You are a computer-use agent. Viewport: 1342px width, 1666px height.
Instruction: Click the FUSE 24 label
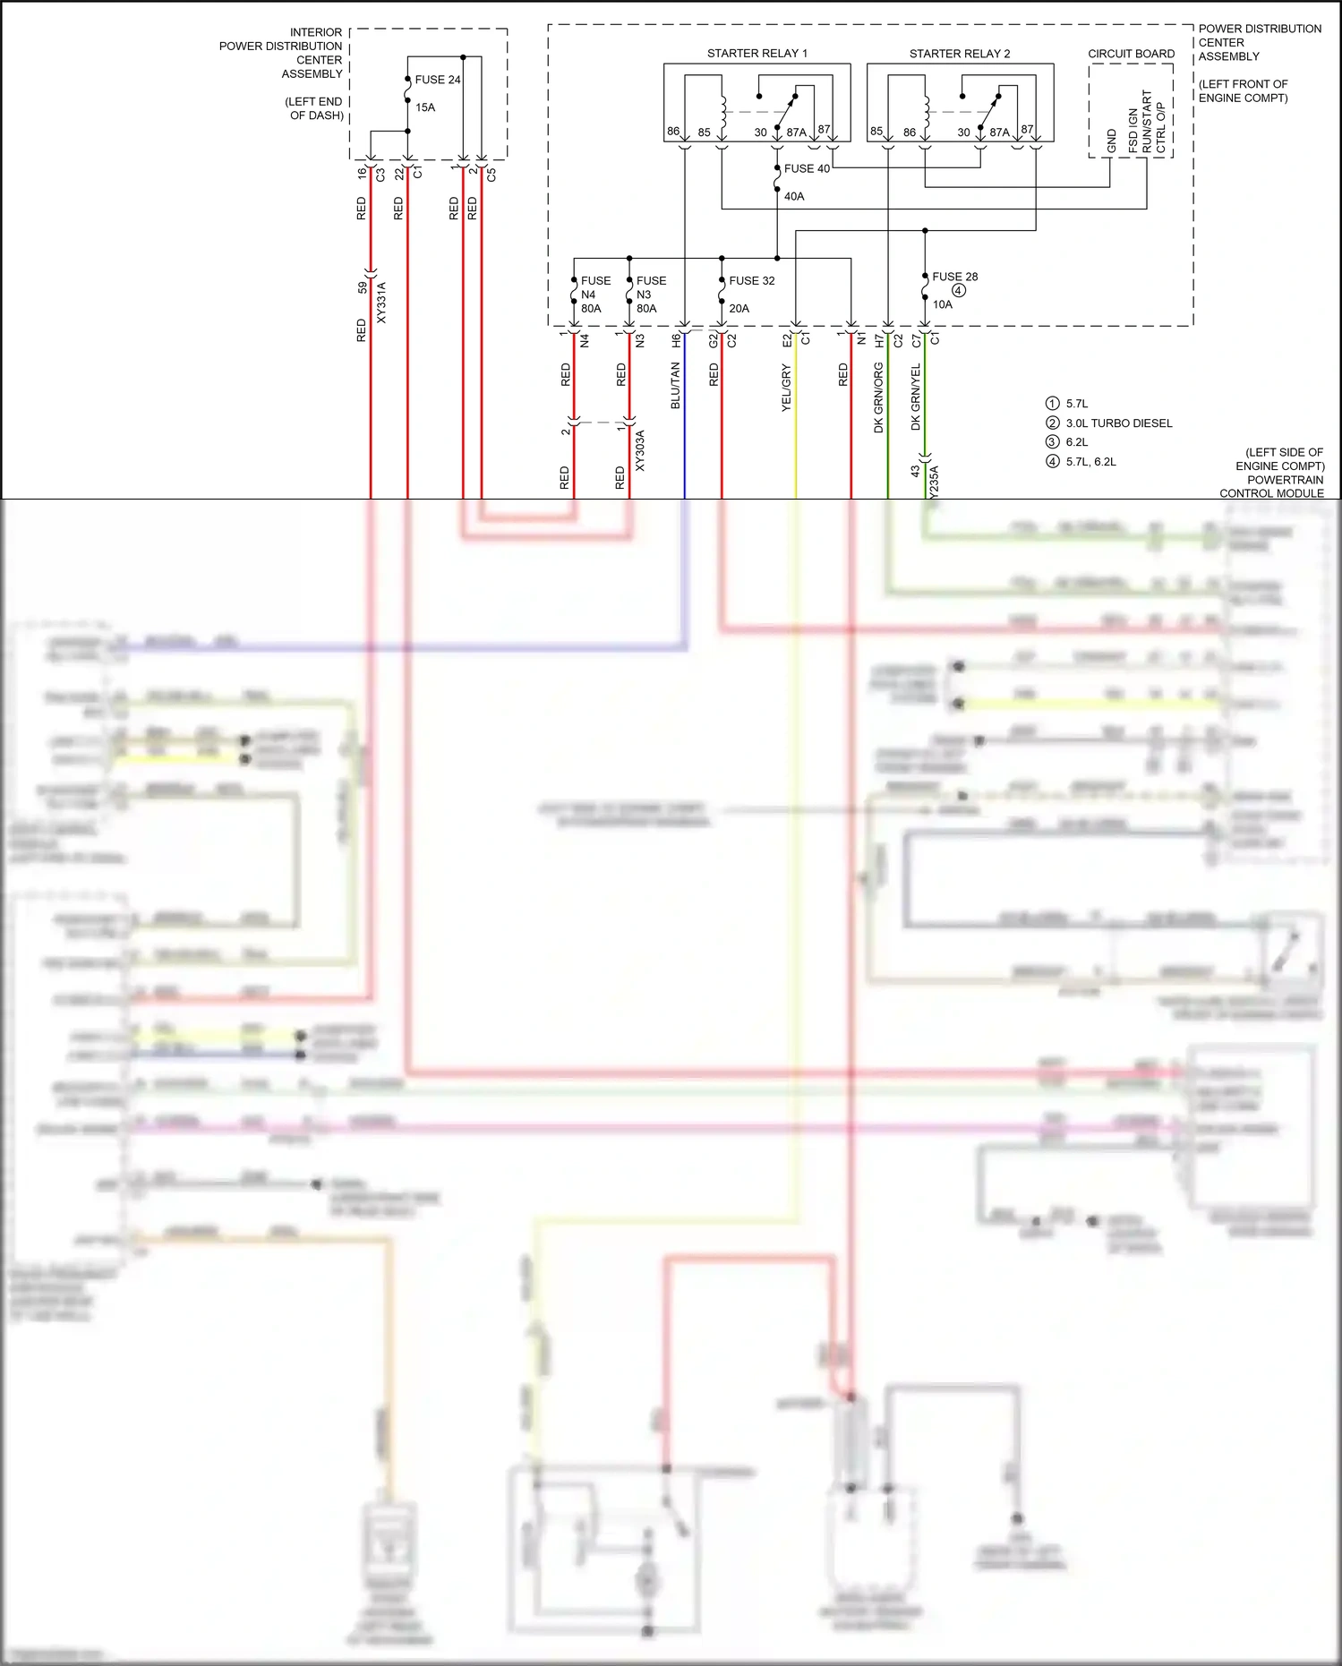(437, 80)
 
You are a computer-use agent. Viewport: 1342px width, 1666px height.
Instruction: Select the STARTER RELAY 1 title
(756, 54)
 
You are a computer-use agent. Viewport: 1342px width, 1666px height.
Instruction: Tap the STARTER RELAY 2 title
(959, 54)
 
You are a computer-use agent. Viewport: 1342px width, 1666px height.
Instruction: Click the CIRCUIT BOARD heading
(1131, 54)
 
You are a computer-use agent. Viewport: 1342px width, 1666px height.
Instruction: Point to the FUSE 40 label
(807, 168)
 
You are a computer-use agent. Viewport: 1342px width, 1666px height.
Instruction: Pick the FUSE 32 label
(751, 280)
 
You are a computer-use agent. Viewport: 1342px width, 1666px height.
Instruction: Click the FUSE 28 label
(954, 277)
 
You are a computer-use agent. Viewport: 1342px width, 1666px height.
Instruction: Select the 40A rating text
(794, 196)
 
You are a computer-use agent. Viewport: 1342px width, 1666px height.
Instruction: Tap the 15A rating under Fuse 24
(425, 107)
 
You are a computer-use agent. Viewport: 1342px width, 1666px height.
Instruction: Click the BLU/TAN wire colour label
(676, 386)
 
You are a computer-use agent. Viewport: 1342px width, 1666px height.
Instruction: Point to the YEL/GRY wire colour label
(786, 388)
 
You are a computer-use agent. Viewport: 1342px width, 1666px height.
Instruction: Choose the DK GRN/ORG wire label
(878, 398)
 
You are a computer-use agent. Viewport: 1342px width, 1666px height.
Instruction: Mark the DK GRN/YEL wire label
(916, 397)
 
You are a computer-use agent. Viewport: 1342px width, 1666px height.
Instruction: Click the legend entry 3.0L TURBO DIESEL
(1118, 423)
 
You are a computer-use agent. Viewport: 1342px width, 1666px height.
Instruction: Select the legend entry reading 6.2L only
(1077, 442)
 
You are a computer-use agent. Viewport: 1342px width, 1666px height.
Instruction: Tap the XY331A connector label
(381, 303)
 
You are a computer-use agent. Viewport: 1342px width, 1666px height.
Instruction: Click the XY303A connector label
(639, 450)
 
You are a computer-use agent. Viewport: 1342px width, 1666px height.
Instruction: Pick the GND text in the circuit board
(1112, 141)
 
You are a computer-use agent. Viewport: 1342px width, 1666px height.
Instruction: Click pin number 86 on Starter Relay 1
(673, 131)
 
